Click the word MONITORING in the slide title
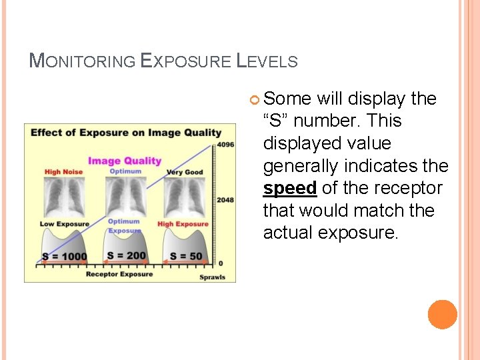point(82,62)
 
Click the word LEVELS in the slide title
point(267,62)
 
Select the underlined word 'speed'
point(289,189)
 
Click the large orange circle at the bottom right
point(443,315)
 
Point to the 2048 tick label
point(225,199)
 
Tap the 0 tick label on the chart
point(220,263)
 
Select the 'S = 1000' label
point(64,257)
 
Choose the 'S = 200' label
point(126,255)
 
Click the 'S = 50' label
point(186,256)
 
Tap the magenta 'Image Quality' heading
point(125,160)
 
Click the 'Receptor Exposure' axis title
point(119,274)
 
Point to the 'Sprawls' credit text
point(212,277)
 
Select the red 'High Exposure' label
point(183,224)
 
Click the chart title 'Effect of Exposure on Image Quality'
point(125,132)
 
